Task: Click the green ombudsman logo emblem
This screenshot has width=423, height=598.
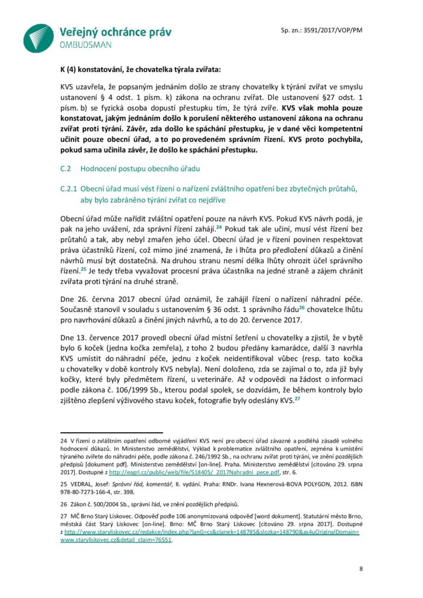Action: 39,38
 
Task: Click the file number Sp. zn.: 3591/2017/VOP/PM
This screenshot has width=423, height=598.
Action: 318,30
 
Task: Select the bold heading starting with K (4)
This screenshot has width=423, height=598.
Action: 133,70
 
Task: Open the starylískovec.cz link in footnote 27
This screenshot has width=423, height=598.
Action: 210,533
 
